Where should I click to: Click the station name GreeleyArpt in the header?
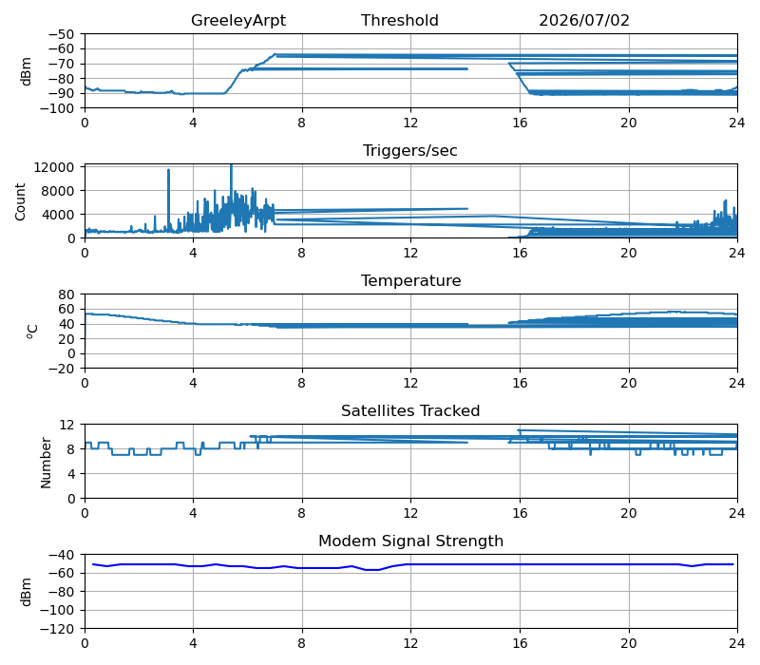238,20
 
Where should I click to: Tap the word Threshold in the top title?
399,20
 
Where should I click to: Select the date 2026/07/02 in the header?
584,20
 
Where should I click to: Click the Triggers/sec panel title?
410,151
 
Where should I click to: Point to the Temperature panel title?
410,280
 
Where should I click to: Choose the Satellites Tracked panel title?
410,410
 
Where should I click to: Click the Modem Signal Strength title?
410,541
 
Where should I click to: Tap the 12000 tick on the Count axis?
54,167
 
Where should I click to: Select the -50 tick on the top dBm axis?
61,34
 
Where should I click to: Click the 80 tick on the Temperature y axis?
66,294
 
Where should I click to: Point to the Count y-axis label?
20,201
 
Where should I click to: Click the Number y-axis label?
46,463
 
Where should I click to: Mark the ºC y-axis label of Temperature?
31,332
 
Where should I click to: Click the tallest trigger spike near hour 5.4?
231,166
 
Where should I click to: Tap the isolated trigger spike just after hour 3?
169,170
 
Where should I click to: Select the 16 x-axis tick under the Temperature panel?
520,383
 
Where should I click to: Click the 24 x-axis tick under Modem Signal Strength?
737,643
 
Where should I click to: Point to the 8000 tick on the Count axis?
58,191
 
